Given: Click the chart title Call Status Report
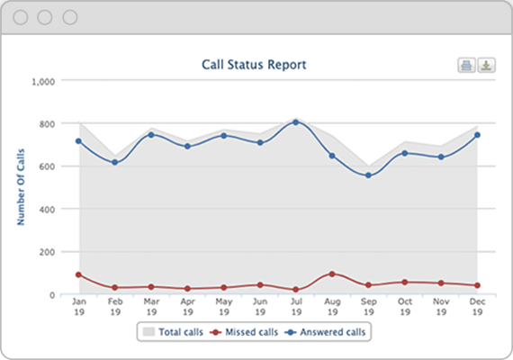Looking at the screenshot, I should [254, 65].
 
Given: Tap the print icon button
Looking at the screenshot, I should [467, 65].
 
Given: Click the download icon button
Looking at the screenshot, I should [486, 65].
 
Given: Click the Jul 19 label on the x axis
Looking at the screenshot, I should [295, 307].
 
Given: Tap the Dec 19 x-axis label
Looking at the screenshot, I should [477, 307].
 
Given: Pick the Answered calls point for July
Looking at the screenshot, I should [295, 121].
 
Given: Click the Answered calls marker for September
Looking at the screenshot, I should [368, 175].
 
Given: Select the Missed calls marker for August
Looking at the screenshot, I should [332, 274].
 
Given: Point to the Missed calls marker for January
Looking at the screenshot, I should [78, 274].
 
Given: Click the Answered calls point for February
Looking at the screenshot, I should [114, 162].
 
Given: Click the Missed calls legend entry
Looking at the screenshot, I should [245, 332].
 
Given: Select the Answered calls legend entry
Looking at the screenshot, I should [328, 332].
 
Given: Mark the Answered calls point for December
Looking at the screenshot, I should [477, 135].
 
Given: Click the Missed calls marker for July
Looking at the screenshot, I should [295, 290].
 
